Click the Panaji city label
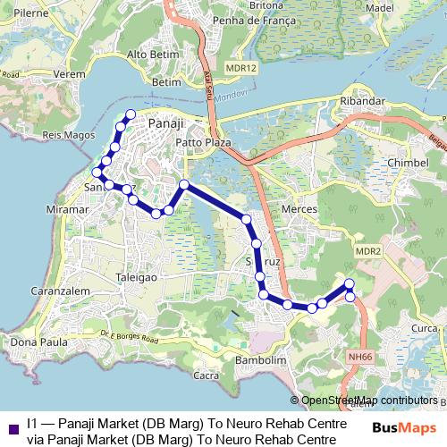167,123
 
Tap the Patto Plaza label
203,142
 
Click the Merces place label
298,208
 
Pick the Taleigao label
137,278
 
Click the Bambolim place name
258,360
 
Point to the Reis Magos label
63,135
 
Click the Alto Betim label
149,54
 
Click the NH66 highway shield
360,355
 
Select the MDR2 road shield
367,251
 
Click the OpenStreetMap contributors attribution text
367,401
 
